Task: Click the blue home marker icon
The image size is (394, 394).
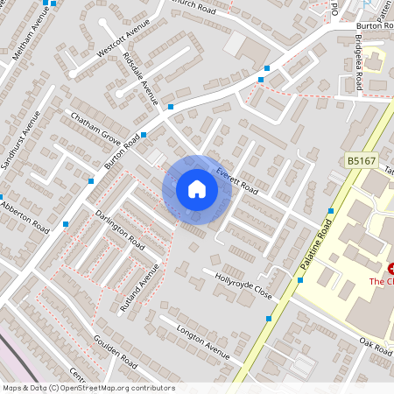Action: tap(197, 189)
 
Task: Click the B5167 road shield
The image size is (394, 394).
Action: tap(361, 161)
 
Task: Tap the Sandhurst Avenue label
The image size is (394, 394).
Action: tap(20, 139)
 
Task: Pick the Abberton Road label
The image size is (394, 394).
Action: tap(25, 215)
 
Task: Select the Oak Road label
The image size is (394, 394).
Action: tap(375, 343)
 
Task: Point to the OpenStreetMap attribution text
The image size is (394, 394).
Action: tap(88, 387)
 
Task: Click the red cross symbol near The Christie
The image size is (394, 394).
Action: tap(390, 268)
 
